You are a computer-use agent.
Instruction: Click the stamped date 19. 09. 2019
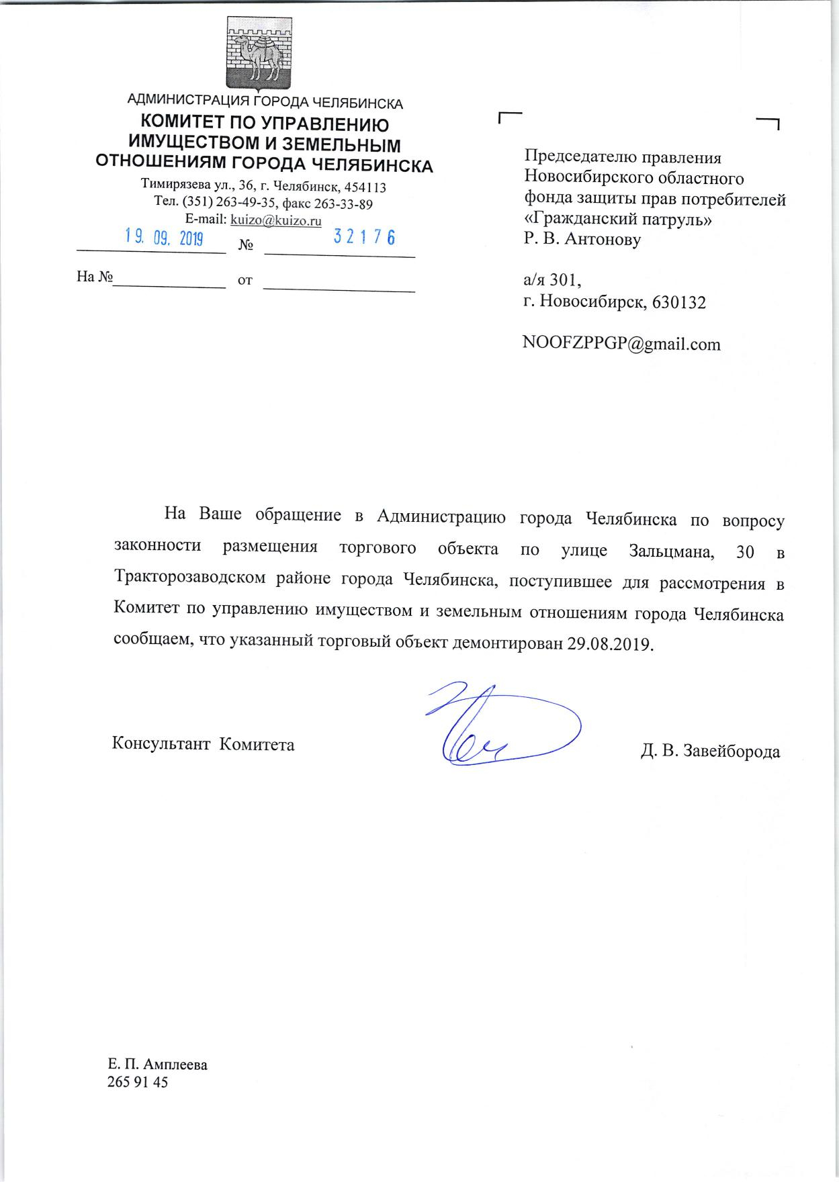point(165,237)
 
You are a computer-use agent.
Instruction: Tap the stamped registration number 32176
point(363,237)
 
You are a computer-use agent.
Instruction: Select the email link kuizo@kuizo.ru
point(275,220)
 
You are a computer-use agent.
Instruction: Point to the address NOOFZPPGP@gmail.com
point(621,345)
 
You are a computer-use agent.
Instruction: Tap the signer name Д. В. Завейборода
point(710,751)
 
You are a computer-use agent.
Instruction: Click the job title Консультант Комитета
point(203,744)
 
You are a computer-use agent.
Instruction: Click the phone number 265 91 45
point(137,1082)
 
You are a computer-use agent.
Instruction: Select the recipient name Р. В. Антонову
point(582,239)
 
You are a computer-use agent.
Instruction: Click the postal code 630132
point(679,302)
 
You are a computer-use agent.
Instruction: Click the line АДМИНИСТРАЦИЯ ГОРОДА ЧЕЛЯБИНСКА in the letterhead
point(265,103)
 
